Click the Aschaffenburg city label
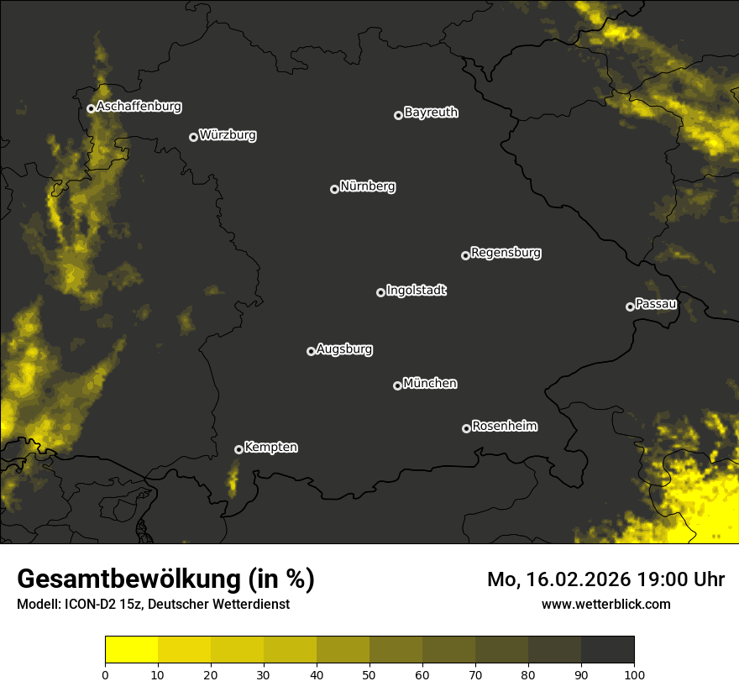coord(139,107)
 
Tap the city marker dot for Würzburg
coord(193,137)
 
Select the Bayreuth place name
coord(431,113)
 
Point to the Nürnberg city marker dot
coord(334,189)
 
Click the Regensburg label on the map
coord(506,252)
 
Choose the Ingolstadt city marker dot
coord(380,292)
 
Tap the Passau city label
coord(656,304)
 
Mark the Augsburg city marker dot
coord(311,351)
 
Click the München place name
coord(430,384)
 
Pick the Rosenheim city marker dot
coord(466,428)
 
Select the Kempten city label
coord(270,448)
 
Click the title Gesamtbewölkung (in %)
coord(165,579)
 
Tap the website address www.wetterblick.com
coord(606,604)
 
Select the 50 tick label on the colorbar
coord(369,674)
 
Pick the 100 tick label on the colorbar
coord(634,674)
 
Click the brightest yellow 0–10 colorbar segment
coord(132,649)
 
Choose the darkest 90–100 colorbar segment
coord(607,649)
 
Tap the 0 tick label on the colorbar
coord(105,674)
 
